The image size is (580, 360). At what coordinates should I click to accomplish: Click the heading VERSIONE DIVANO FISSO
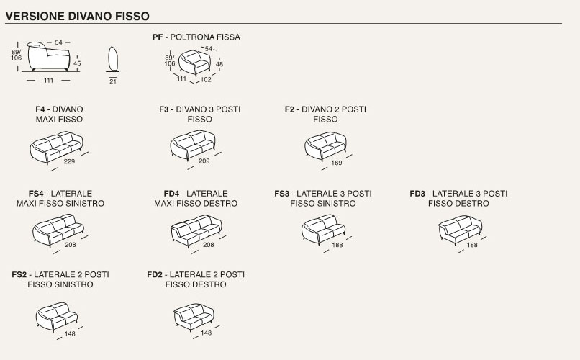78,14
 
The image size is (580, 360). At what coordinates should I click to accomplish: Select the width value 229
69,162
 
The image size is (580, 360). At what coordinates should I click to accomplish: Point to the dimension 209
204,161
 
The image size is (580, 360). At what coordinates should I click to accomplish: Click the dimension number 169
336,162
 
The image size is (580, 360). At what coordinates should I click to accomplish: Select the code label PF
158,37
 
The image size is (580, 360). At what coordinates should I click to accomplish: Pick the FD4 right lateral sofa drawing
194,230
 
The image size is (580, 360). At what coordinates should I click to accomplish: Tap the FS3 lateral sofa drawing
322,230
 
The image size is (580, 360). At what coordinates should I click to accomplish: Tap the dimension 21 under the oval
113,82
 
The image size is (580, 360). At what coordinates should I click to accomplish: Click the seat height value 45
78,64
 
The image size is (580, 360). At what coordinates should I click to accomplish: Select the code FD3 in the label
417,194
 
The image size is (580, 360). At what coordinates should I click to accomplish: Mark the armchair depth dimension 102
206,80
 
